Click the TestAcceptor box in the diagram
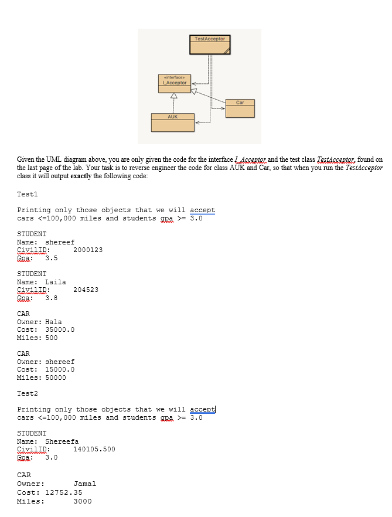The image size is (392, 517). click(209, 46)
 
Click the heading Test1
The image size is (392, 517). click(27, 193)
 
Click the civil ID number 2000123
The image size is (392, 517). click(88, 250)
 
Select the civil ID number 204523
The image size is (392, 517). click(86, 290)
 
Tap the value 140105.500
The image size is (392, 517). click(94, 450)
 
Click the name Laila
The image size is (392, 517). click(56, 282)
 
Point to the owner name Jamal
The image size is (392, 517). click(85, 484)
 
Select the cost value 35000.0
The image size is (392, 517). click(60, 330)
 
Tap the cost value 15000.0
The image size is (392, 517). click(60, 370)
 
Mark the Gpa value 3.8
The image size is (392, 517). click(52, 298)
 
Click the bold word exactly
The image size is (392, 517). click(80, 176)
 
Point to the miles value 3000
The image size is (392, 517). click(83, 501)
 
